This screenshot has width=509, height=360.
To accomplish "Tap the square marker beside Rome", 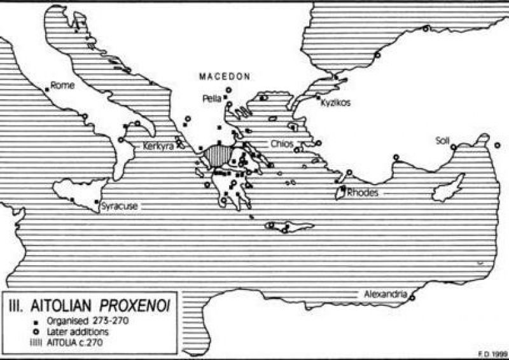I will click(47, 90).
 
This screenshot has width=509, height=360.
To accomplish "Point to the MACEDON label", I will click(224, 76).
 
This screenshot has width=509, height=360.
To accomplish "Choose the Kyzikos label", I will click(336, 102).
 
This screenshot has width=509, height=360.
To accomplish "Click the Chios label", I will click(282, 144).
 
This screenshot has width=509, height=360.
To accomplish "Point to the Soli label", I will click(443, 140).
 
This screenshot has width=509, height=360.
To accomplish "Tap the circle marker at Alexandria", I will click(412, 298).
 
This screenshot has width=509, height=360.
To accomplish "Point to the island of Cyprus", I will click(448, 191).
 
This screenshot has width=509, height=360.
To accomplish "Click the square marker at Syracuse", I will click(96, 202).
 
